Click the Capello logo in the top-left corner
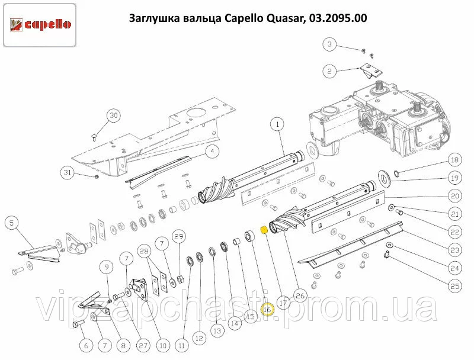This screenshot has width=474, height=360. click(40, 25)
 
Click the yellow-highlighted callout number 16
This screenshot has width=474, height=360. click(267, 310)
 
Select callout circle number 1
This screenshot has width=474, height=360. click(278, 124)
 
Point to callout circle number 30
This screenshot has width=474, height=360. click(113, 115)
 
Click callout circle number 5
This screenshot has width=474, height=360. click(11, 223)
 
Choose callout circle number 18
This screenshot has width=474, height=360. click(454, 160)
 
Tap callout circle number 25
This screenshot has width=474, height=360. click(454, 286)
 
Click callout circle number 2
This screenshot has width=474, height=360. click(329, 72)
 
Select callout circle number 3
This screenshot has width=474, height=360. click(329, 44)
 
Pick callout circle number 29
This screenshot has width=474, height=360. click(179, 236)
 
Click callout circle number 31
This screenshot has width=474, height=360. click(67, 172)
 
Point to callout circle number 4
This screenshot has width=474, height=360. click(212, 151)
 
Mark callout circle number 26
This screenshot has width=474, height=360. click(300, 296)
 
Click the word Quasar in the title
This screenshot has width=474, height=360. click(285, 18)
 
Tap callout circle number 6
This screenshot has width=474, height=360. click(86, 346)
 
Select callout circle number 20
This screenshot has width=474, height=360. click(454, 197)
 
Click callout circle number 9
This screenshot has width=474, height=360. click(107, 267)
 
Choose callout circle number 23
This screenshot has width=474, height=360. click(454, 250)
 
